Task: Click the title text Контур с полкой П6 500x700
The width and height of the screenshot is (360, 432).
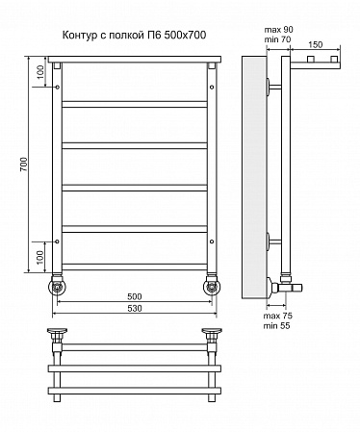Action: tap(134, 35)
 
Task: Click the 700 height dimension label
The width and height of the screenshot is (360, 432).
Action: tap(25, 165)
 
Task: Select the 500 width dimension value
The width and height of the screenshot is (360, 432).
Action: tap(134, 296)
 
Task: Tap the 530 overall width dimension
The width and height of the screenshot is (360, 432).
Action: tap(134, 308)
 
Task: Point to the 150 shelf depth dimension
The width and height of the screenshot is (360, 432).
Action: tap(316, 44)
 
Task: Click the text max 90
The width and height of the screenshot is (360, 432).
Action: tap(278, 30)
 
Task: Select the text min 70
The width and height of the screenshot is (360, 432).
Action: tap(277, 39)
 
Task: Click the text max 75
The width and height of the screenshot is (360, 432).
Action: tap(278, 316)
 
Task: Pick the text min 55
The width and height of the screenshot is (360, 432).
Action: tap(276, 326)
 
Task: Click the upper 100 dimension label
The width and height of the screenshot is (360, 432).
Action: tap(39, 72)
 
